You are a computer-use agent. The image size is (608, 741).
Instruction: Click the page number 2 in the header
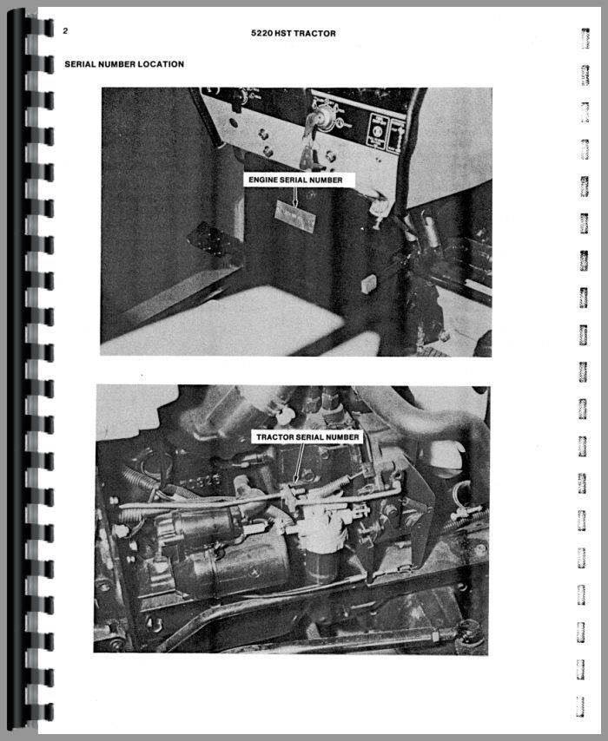66,31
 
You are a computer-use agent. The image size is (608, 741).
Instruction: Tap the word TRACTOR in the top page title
318,34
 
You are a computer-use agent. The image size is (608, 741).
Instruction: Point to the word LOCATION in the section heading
160,64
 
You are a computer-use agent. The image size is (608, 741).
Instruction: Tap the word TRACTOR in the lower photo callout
276,437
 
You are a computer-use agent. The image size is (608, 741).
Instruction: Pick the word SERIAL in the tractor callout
313,437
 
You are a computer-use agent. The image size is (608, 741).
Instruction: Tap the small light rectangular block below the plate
368,281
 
